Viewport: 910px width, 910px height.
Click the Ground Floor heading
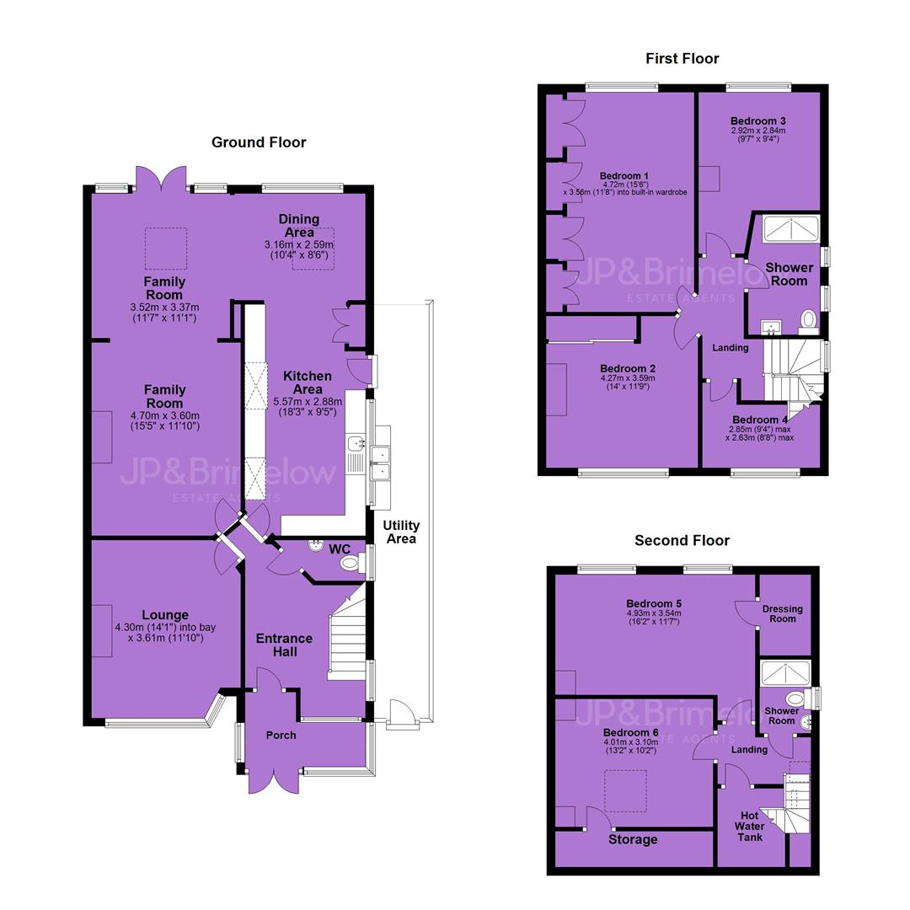click(259, 142)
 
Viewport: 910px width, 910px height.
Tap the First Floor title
click(682, 59)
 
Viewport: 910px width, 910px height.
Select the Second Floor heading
click(682, 540)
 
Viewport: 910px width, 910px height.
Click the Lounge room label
click(165, 614)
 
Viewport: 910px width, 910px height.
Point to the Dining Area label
click(299, 225)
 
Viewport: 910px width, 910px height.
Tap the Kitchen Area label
click(308, 383)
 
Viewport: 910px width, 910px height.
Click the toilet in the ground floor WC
click(351, 562)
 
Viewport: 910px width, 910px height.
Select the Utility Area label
click(401, 532)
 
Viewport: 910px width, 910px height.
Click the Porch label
click(281, 736)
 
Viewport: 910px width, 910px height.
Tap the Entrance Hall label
click(285, 645)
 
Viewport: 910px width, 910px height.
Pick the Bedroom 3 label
click(758, 120)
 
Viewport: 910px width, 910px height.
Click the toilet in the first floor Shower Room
click(808, 320)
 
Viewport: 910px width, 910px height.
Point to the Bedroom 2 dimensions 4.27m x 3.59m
click(628, 377)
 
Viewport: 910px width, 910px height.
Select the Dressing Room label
click(782, 614)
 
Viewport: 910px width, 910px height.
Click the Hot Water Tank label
click(749, 827)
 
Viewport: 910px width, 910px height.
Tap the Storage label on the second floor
click(633, 839)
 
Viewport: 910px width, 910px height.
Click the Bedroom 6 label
click(630, 732)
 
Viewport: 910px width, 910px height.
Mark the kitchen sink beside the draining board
click(355, 444)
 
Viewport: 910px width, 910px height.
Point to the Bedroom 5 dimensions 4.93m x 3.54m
click(654, 613)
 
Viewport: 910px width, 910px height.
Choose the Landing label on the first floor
click(730, 348)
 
